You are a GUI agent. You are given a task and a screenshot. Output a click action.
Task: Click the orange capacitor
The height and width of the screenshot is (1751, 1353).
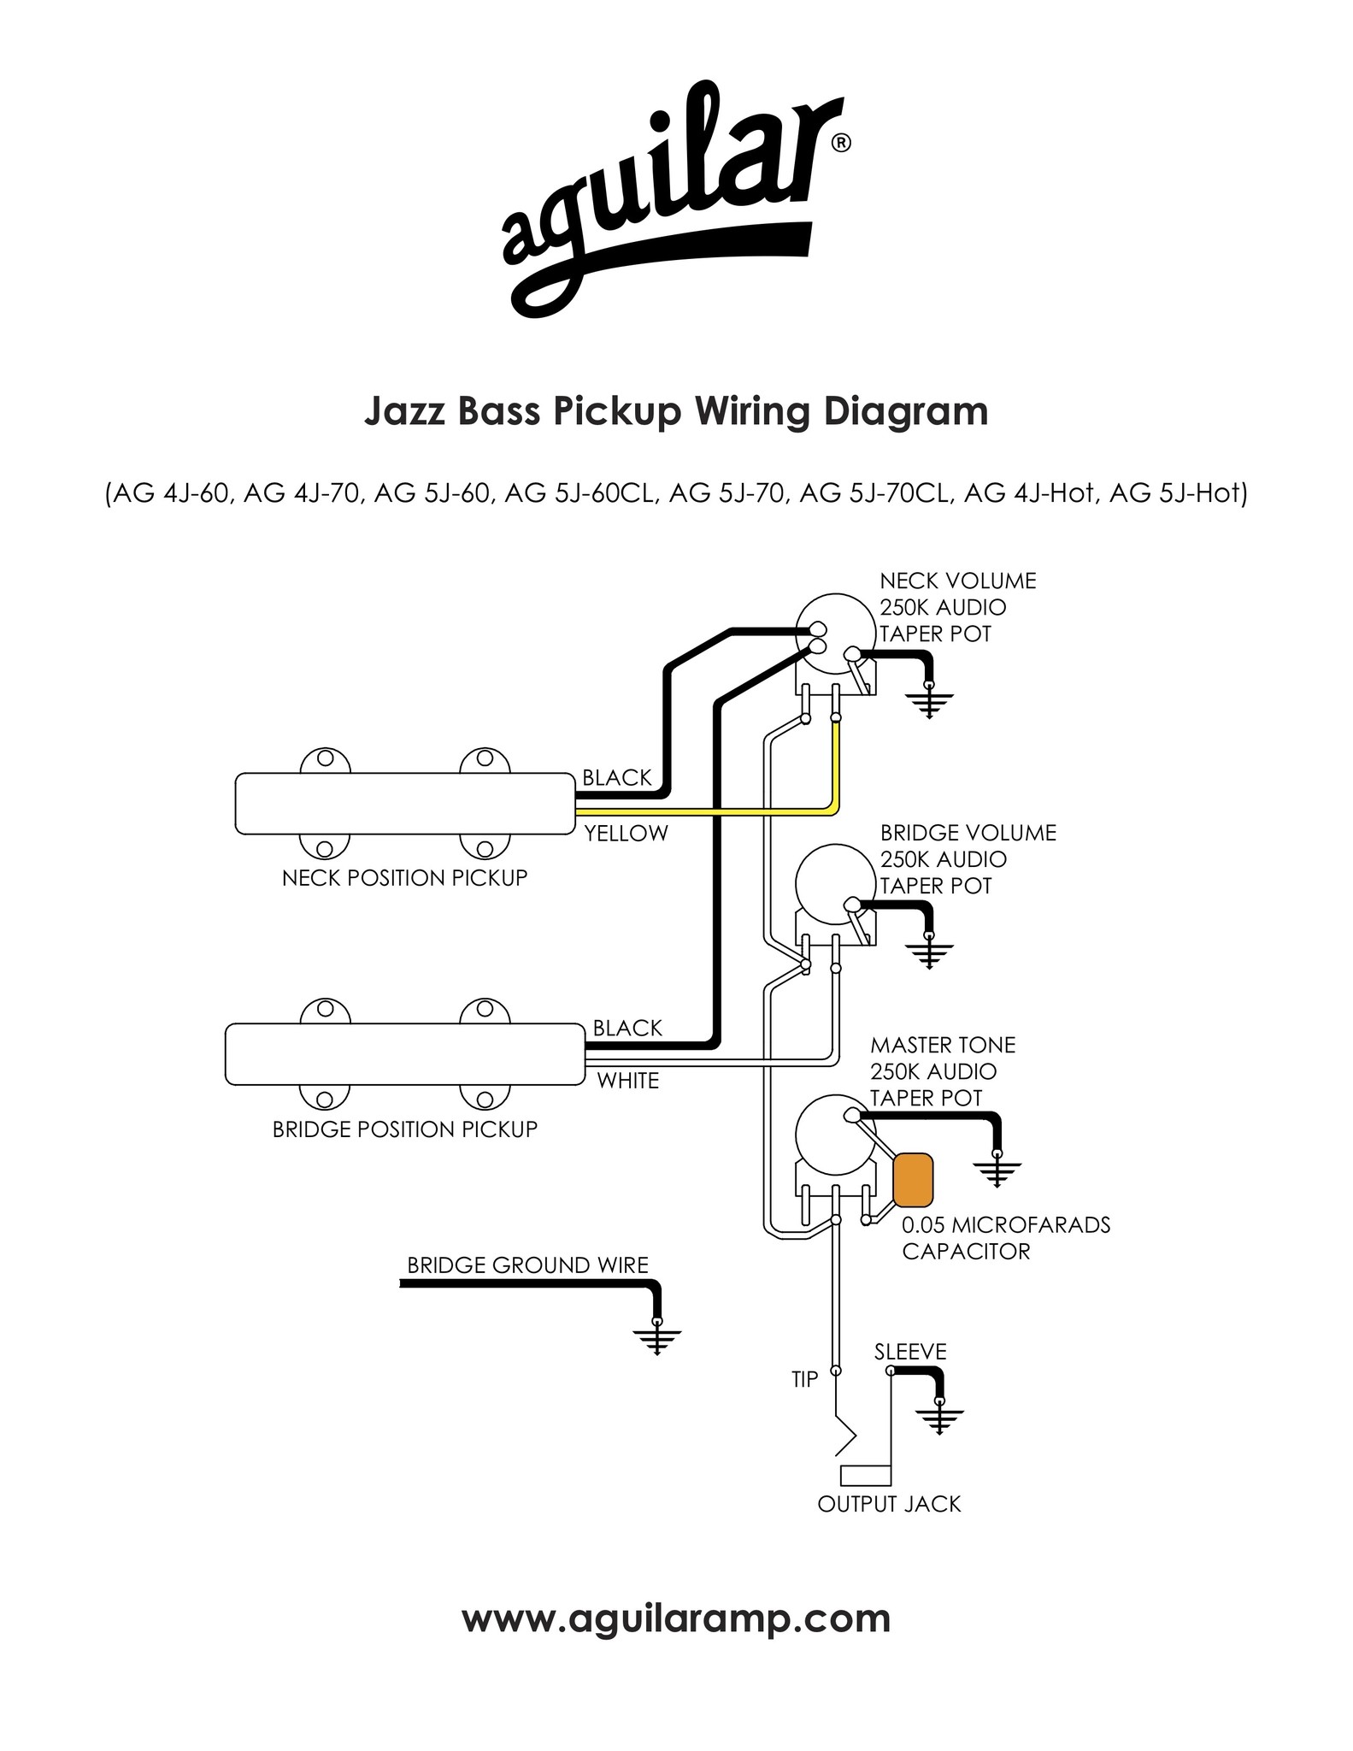[x=913, y=1179]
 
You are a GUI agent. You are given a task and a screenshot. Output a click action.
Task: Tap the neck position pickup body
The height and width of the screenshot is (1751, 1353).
[x=404, y=803]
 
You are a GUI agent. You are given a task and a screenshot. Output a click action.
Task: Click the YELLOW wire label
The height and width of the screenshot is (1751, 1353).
[x=626, y=834]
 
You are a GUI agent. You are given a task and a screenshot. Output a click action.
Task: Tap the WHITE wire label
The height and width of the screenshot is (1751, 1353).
[x=628, y=1081]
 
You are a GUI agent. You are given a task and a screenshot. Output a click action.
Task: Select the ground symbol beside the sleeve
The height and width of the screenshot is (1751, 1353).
[x=939, y=1417]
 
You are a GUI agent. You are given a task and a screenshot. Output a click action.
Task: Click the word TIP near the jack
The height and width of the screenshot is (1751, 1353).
[x=805, y=1379]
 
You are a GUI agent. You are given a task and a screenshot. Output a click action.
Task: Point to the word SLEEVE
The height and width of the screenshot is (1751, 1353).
[x=910, y=1352]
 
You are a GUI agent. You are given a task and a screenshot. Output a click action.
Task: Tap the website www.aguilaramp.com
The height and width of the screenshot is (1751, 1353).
[x=676, y=1618]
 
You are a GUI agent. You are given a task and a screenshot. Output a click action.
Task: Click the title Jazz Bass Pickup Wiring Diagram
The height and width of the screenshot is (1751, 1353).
[x=676, y=411]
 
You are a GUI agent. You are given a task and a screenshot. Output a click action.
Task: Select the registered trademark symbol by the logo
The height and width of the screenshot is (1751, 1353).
[x=840, y=144]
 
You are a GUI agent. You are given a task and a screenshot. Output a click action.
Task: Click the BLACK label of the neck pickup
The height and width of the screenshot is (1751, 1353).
[x=617, y=777]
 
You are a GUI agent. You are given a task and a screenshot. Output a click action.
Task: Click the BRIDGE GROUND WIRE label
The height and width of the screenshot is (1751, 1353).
[x=527, y=1265]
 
